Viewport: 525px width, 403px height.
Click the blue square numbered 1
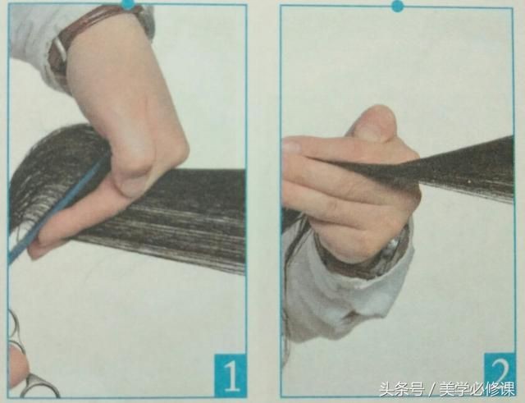[x=231, y=374]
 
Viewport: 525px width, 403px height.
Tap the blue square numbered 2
[x=500, y=371]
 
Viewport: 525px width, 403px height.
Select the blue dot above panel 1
[x=128, y=3]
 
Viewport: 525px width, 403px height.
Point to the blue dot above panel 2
[x=397, y=5]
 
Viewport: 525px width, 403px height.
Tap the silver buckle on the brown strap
[x=60, y=50]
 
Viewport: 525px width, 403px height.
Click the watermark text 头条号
[x=401, y=390]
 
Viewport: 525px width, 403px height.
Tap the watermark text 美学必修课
[x=477, y=390]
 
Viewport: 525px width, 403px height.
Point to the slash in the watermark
[x=431, y=390]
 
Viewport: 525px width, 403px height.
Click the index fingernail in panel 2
[x=290, y=146]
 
